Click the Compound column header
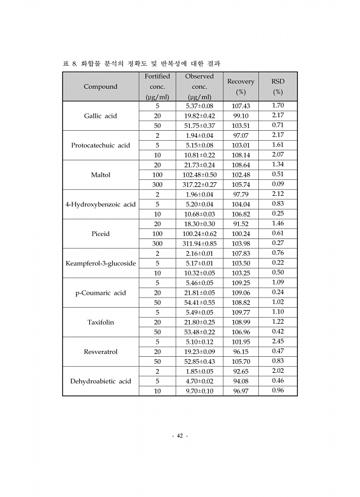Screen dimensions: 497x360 pyautogui.click(x=100, y=87)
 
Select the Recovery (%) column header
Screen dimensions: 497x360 pyautogui.click(x=241, y=86)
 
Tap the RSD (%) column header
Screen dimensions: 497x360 pyautogui.click(x=278, y=86)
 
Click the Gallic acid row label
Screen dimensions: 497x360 pyautogui.click(x=100, y=116)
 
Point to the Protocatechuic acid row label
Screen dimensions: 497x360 pyautogui.click(x=100, y=146)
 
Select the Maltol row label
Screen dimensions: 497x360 pyautogui.click(x=100, y=175)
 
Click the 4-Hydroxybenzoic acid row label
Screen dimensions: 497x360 pyautogui.click(x=100, y=205)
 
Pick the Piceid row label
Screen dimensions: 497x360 pyautogui.click(x=100, y=234)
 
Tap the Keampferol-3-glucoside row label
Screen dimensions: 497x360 pyautogui.click(x=100, y=263)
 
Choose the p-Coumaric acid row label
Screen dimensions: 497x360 pyautogui.click(x=100, y=293)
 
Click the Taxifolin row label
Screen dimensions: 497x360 pyautogui.click(x=100, y=322)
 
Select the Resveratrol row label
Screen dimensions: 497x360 pyautogui.click(x=100, y=352)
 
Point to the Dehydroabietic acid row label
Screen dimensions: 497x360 pyautogui.click(x=100, y=382)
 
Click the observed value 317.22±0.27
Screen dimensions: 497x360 pyautogui.click(x=199, y=185)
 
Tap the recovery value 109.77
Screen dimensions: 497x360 pyautogui.click(x=241, y=312)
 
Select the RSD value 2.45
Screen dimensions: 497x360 pyautogui.click(x=278, y=342)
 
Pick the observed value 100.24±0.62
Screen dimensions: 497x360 pyautogui.click(x=199, y=234)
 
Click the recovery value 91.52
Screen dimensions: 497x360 pyautogui.click(x=241, y=224)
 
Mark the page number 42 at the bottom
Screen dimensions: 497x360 pyautogui.click(x=180, y=436)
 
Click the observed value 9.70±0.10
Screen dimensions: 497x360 pyautogui.click(x=199, y=391)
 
